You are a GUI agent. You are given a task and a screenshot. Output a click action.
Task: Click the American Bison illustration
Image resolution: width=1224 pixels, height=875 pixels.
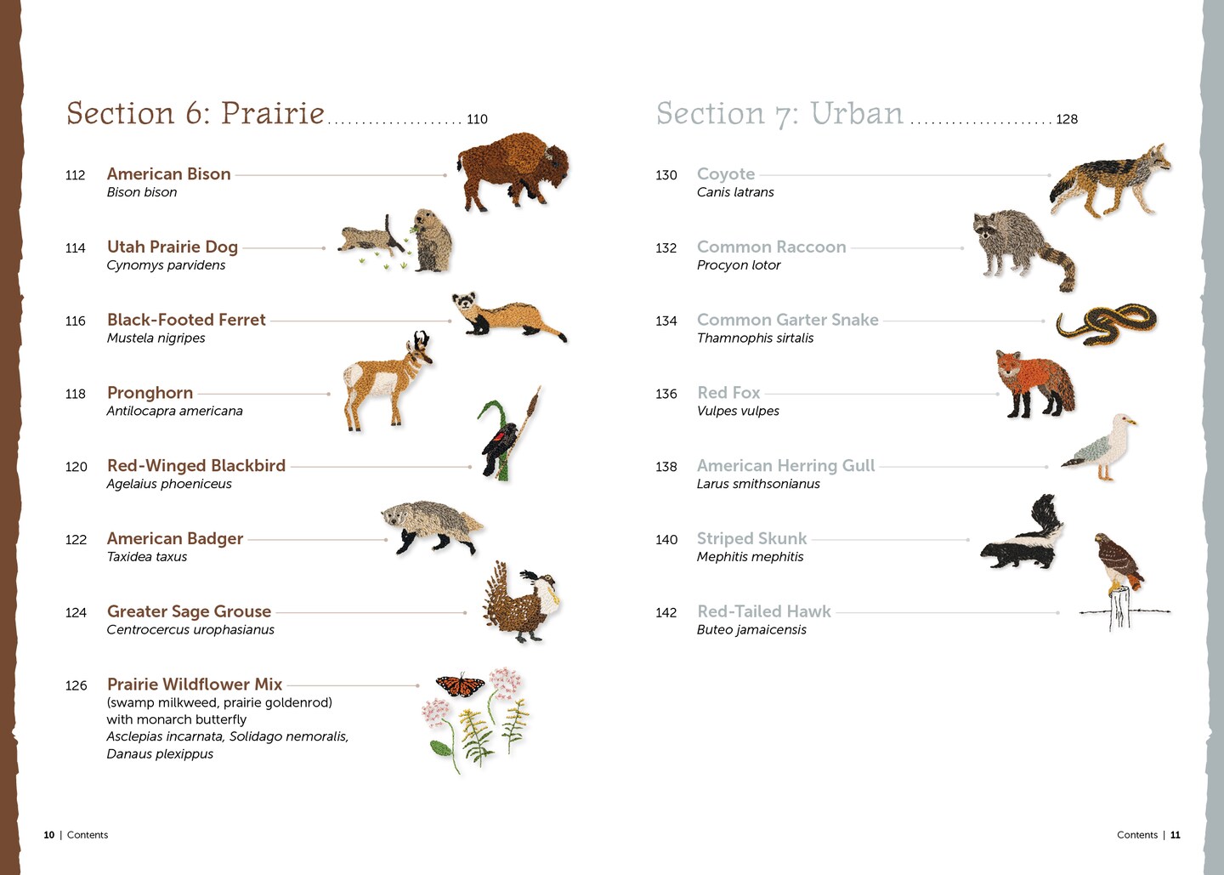click(513, 171)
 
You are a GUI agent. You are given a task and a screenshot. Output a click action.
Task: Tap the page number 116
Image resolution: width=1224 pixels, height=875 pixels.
click(76, 321)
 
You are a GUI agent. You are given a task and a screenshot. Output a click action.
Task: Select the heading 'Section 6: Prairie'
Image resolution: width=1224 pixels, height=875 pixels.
click(195, 114)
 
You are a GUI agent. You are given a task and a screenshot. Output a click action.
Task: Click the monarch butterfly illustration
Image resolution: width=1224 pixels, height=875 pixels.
click(460, 685)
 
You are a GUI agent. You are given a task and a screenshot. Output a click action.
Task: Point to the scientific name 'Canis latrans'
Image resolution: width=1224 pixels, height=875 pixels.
click(735, 192)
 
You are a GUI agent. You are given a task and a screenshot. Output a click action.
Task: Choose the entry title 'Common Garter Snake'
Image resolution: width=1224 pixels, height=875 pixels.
click(787, 319)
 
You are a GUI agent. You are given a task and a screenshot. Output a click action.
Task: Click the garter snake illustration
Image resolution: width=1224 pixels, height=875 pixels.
click(1107, 323)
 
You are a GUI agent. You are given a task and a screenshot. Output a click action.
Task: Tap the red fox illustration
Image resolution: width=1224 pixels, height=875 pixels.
click(1034, 384)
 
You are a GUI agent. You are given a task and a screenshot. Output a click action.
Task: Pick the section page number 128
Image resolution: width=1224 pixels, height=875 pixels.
click(1067, 119)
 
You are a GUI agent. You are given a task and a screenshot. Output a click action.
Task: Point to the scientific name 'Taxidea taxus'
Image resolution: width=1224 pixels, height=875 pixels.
click(146, 556)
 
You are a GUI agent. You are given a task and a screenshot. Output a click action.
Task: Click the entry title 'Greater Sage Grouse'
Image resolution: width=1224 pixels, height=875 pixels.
click(189, 611)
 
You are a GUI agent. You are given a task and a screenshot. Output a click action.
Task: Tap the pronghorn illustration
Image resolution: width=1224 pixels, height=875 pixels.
click(387, 382)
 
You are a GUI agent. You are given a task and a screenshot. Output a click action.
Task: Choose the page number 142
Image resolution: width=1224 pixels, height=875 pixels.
click(666, 612)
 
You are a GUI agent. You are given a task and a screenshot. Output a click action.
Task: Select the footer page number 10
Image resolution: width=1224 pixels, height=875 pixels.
click(48, 834)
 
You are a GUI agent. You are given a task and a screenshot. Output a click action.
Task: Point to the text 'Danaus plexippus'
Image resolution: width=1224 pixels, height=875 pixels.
click(160, 753)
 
